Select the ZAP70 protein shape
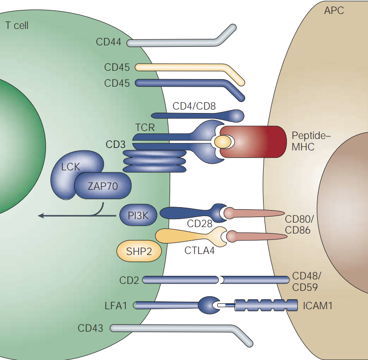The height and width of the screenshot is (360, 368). pos(103,187)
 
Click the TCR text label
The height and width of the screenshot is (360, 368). pos(145,128)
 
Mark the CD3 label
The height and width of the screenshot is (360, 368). pos(115,144)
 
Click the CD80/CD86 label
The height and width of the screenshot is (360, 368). pos(298,225)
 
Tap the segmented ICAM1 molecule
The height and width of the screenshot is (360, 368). pos(264,305)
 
